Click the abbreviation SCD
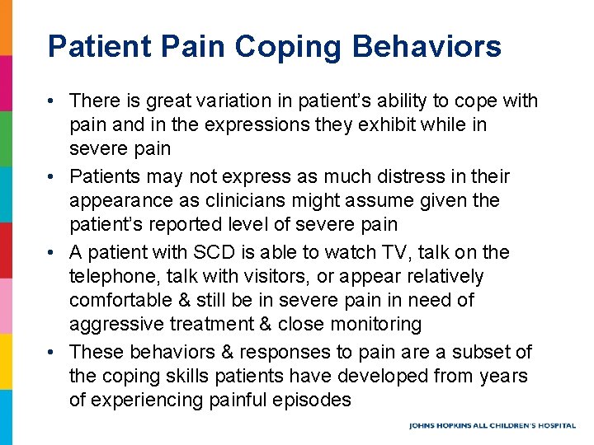(235, 253)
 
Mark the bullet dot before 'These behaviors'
(51, 353)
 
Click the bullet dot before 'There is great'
(51, 101)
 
